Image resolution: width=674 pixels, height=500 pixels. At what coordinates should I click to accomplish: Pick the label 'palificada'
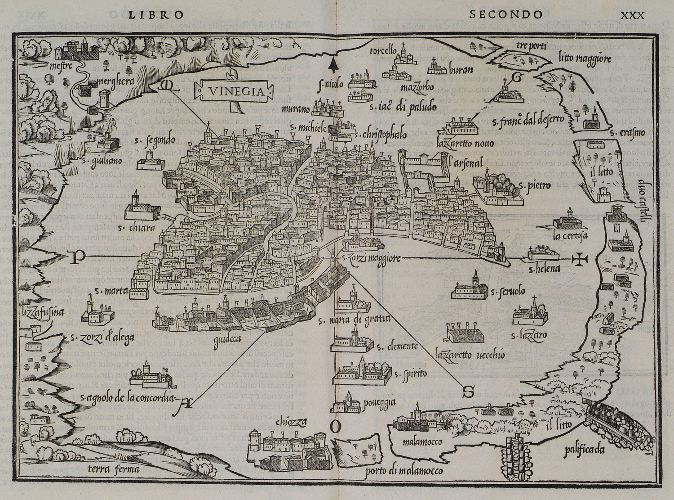586,449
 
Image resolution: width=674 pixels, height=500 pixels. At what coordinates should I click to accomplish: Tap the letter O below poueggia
338,427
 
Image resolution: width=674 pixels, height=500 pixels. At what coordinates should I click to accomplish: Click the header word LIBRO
156,14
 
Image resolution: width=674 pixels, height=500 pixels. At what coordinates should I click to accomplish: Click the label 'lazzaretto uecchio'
470,355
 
